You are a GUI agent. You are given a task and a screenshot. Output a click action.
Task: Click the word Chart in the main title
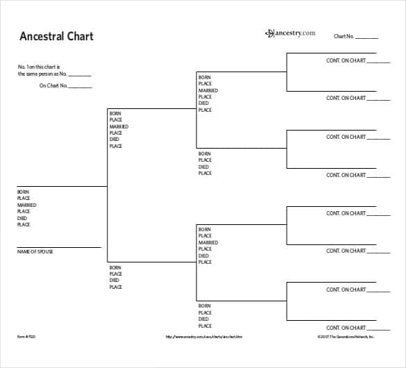coord(81,36)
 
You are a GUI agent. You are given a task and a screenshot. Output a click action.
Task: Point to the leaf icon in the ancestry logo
coord(269,33)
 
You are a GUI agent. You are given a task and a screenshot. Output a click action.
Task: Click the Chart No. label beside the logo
coord(344,36)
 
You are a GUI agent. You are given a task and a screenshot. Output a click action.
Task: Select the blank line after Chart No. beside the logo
coord(367,38)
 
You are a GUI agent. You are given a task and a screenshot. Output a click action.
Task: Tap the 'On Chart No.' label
coord(53,86)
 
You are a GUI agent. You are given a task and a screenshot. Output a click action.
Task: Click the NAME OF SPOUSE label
coord(35,251)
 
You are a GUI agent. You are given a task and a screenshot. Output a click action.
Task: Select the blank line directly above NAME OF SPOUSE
coord(59,246)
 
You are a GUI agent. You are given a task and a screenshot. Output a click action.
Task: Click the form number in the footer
coord(25,337)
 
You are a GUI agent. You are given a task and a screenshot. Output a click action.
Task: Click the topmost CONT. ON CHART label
coord(346,60)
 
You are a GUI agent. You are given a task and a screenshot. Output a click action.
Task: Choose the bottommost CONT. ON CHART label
coord(346,328)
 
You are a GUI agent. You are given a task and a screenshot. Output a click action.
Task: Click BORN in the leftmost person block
coord(23,192)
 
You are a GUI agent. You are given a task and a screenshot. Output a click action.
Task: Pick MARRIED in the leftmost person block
coord(26,205)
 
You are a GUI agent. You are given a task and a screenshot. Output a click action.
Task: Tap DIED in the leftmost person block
coord(22,218)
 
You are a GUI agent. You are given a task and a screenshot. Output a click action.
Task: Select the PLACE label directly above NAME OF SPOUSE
coord(23,225)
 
